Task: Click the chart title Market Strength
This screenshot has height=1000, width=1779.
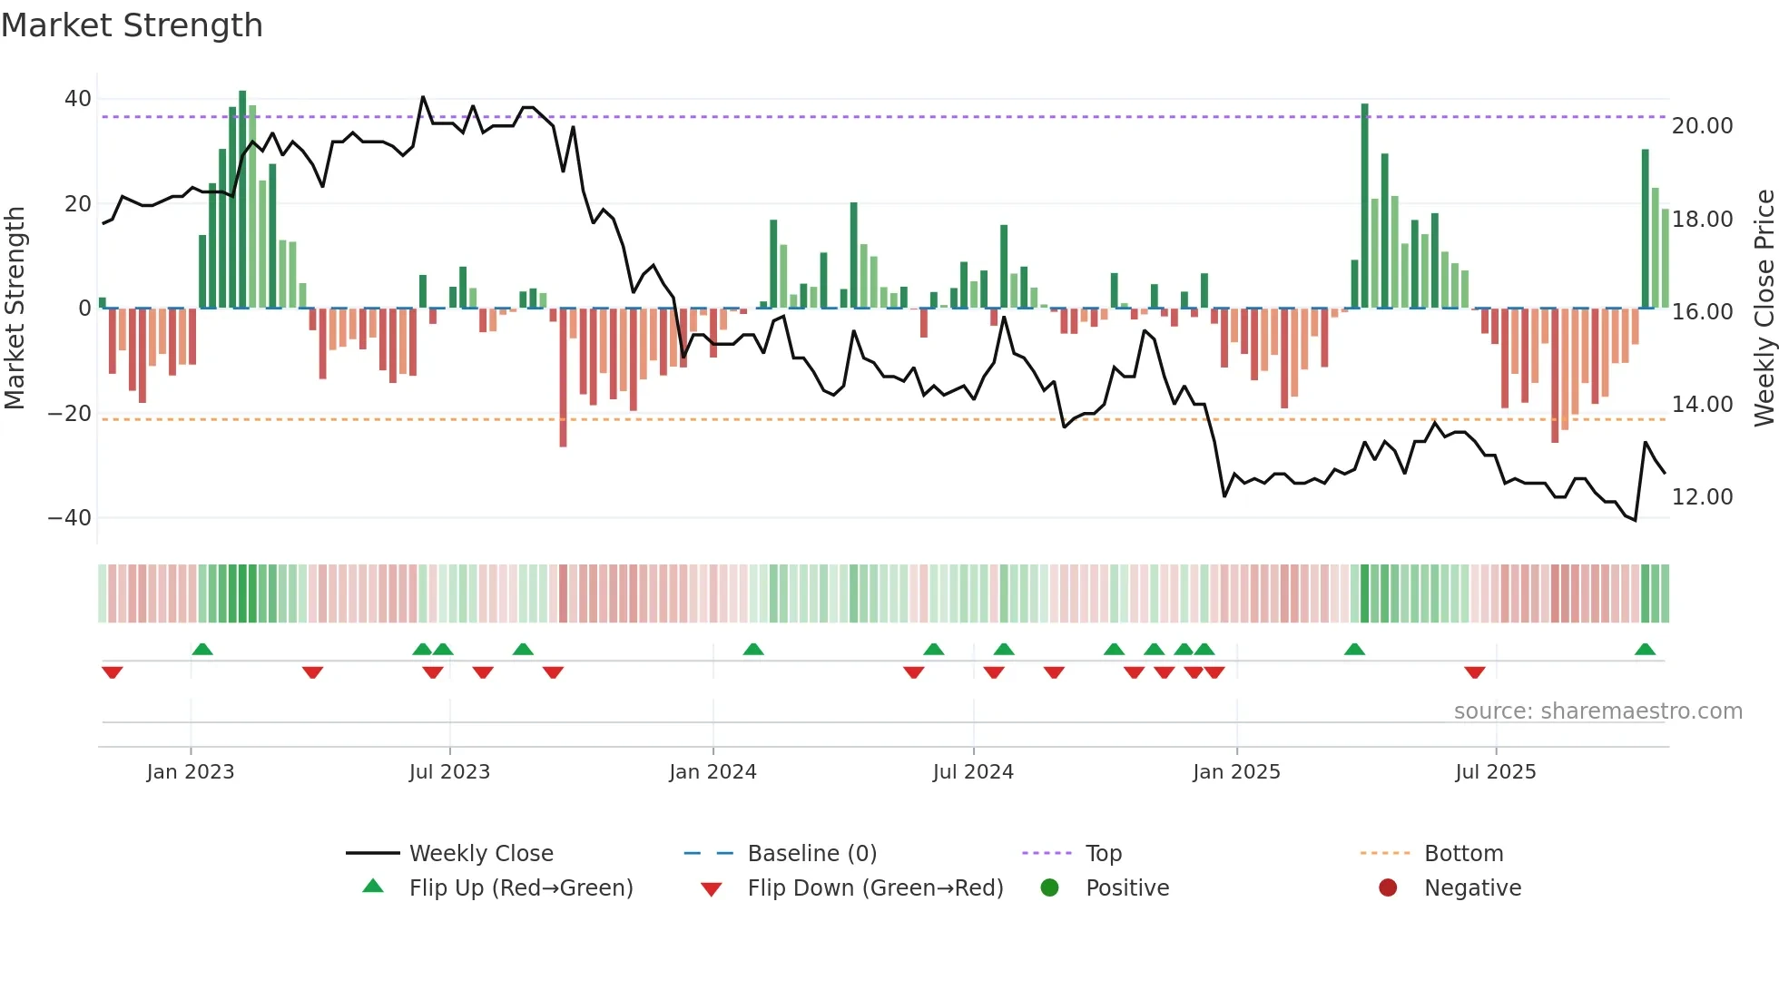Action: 133,25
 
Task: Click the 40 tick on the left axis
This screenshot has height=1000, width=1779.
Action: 78,98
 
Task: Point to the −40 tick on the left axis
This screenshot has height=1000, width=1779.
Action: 71,518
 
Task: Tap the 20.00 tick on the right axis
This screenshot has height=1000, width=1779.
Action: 1702,126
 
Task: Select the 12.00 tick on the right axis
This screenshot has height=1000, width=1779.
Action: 1702,497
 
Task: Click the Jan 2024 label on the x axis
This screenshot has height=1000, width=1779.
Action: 713,772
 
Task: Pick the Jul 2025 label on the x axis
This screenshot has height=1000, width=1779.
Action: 1495,772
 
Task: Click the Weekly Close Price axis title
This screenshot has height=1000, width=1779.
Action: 1764,309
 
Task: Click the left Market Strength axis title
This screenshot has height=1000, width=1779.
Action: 15,309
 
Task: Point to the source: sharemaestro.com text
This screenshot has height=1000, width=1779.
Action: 1597,711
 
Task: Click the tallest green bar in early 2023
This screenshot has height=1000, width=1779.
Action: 242,200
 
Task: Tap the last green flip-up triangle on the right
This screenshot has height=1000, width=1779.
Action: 1645,650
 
